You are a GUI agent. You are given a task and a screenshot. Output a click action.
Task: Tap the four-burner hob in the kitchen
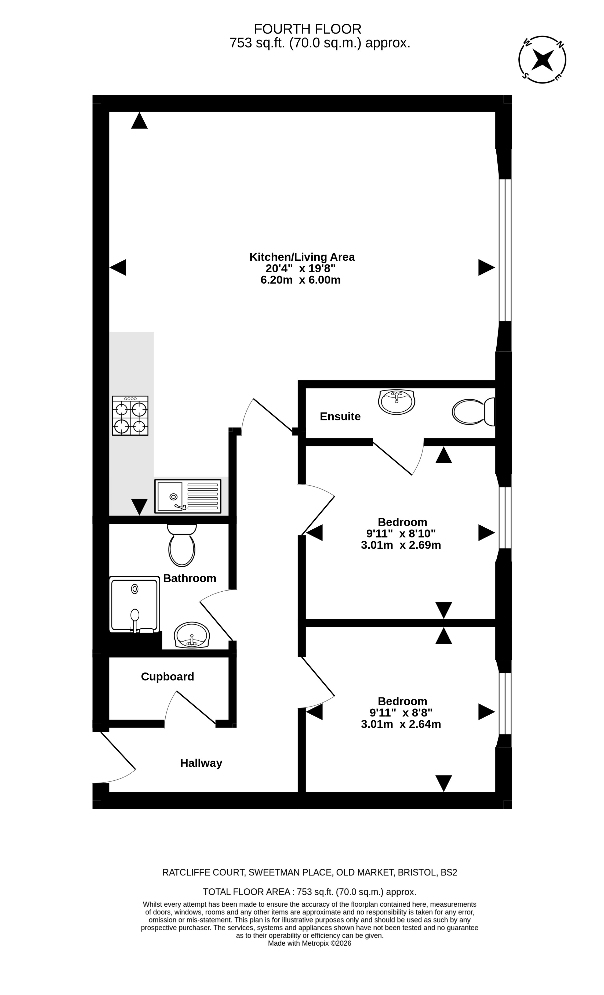[x=130, y=415]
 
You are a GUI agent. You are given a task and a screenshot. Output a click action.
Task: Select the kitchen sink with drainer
[x=188, y=496]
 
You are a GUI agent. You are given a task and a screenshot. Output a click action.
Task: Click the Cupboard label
[x=168, y=676]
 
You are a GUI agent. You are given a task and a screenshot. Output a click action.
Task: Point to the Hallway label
[x=201, y=763]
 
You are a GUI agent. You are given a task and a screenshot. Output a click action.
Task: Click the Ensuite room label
[x=340, y=416]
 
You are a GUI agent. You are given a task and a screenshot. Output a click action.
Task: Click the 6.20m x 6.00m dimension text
[x=301, y=280]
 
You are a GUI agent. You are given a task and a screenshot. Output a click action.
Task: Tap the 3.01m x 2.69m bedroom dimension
[x=401, y=545]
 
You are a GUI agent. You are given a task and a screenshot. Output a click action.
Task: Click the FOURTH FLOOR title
[x=308, y=29]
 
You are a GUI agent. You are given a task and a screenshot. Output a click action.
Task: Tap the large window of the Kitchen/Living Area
[x=505, y=250]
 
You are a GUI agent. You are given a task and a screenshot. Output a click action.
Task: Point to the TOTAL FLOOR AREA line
[x=310, y=892]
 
